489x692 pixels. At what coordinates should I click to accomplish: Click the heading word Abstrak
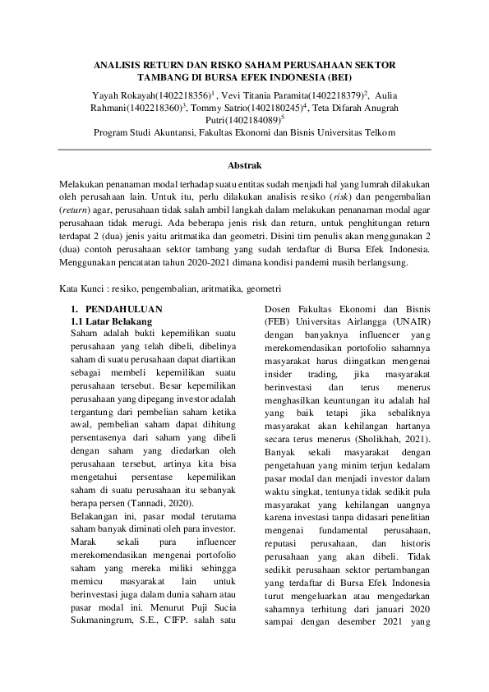244,166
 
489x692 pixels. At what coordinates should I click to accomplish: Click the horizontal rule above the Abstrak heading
244,149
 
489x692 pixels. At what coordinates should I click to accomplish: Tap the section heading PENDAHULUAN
118,310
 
